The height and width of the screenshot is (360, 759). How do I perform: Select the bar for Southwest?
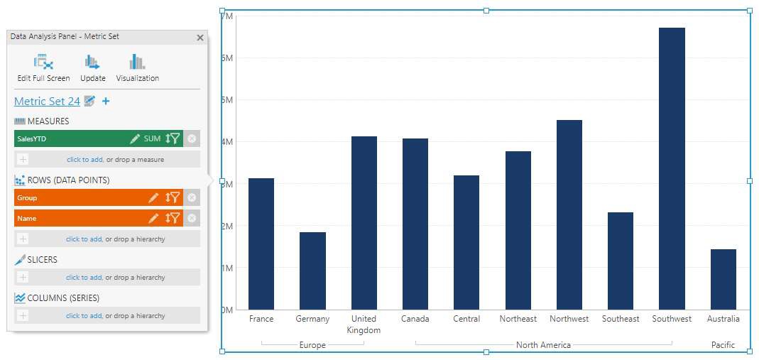pos(672,168)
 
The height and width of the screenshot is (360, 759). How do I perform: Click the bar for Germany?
pos(312,271)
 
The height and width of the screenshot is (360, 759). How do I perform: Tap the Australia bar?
pos(723,279)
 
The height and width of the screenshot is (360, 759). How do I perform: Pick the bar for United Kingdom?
pos(364,222)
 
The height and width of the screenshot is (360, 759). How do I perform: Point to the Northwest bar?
pos(569,214)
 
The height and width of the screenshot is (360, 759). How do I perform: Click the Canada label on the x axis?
pos(415,319)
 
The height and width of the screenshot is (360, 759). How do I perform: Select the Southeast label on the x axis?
pos(621,319)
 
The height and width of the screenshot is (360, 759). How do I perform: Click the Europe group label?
pos(312,345)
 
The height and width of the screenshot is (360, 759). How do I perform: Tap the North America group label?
pos(543,345)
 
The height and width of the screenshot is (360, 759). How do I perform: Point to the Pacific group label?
pos(723,345)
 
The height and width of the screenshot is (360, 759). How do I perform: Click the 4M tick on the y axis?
pos(228,142)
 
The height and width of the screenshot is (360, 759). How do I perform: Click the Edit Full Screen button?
pos(44,68)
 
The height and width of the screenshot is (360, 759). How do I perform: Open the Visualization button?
pos(137,68)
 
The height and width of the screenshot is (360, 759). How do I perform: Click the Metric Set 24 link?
pos(47,102)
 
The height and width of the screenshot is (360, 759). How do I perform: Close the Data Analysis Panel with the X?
pos(200,38)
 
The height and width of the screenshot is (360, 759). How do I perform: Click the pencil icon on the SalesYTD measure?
pos(135,139)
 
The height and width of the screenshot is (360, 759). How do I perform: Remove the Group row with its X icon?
pos(192,198)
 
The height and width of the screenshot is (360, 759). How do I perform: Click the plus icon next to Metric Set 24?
pos(106,102)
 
